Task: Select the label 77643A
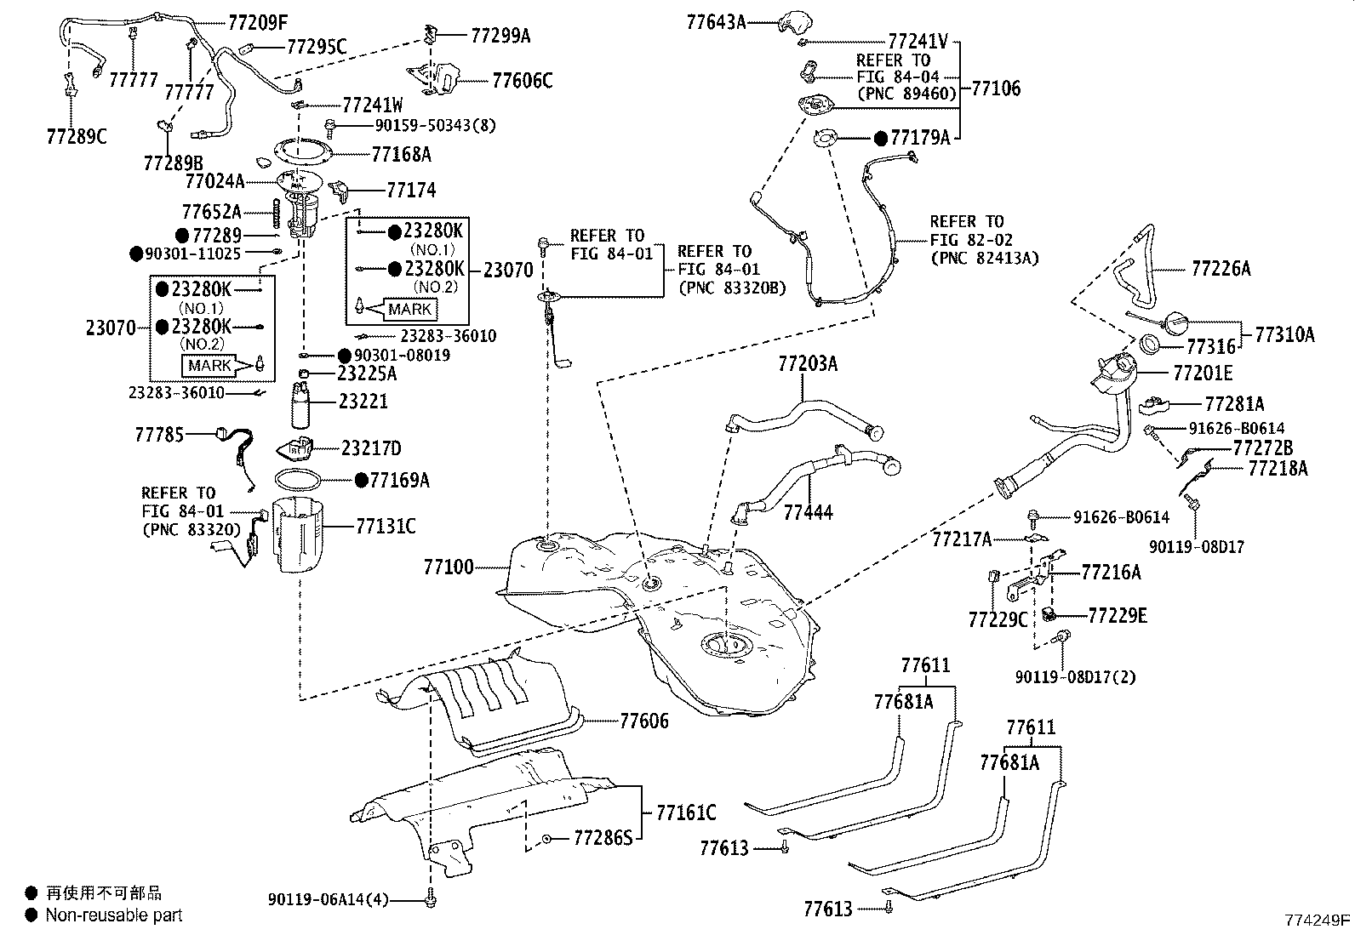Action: (x=716, y=22)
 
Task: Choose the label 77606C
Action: (x=522, y=81)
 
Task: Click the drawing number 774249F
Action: (x=1318, y=920)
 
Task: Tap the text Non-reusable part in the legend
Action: (x=113, y=915)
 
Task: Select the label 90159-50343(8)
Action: (x=435, y=125)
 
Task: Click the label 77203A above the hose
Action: (x=807, y=364)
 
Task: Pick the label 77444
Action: (x=808, y=512)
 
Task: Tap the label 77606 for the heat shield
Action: (x=643, y=721)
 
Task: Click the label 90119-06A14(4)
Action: (x=328, y=898)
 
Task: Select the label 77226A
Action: (x=1221, y=269)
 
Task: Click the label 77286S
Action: (x=603, y=838)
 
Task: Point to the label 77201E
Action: (x=1202, y=373)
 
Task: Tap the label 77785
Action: (x=159, y=435)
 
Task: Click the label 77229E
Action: (x=1118, y=614)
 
